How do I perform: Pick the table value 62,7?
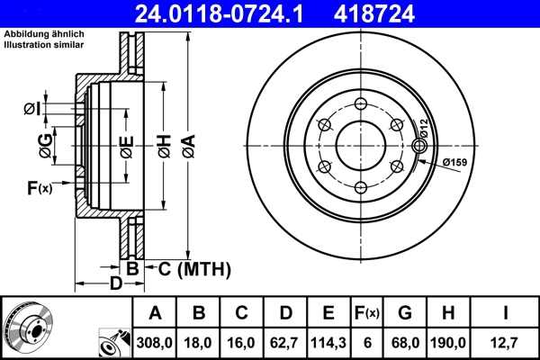[286, 342]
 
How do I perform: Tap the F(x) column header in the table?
[367, 313]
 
